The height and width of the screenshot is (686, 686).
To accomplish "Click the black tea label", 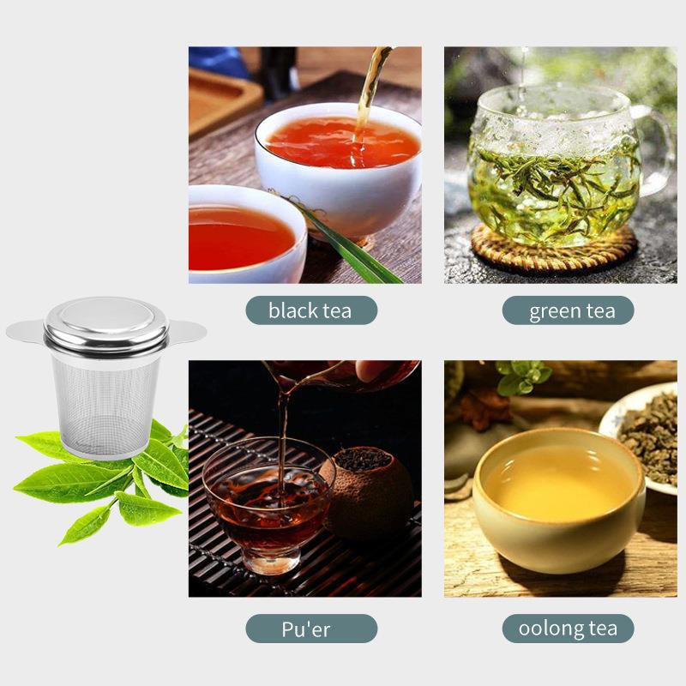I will pyautogui.click(x=310, y=310).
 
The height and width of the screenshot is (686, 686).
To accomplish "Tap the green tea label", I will pyautogui.click(x=568, y=310).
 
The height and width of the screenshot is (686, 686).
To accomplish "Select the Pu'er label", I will pyautogui.click(x=310, y=629).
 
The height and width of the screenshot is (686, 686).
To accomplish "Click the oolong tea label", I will pyautogui.click(x=568, y=629).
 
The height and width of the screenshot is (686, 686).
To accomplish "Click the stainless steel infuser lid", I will pyautogui.click(x=106, y=322).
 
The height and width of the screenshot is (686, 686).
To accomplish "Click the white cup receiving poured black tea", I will pyautogui.click(x=343, y=163).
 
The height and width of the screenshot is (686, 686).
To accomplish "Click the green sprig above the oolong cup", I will pyautogui.click(x=523, y=377).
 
